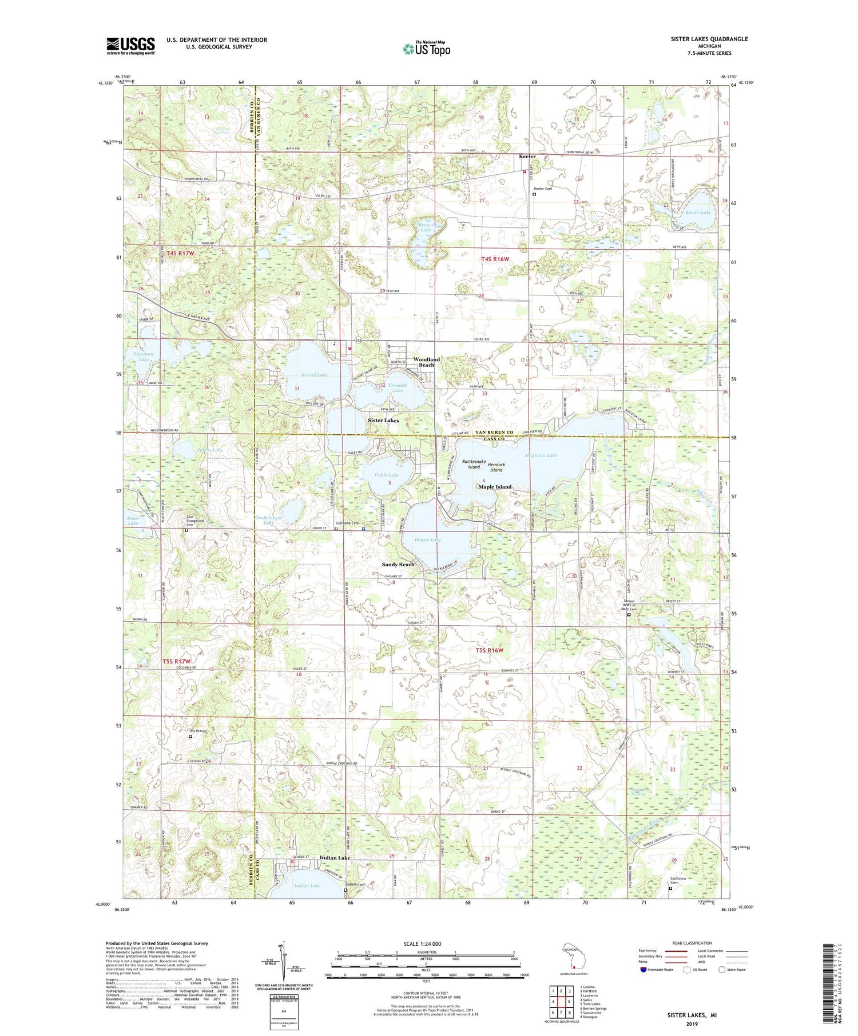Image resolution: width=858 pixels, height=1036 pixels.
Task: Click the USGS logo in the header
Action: (x=130, y=46)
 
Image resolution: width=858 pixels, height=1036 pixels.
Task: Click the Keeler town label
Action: (x=527, y=157)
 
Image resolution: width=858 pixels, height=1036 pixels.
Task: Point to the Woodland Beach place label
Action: (x=426, y=362)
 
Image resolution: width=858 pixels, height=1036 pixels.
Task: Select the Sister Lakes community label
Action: (x=383, y=420)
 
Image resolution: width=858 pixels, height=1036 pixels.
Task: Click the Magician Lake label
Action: (x=540, y=455)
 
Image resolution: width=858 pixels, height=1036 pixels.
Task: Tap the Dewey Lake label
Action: (x=428, y=539)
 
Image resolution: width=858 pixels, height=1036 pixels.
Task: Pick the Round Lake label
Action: (x=315, y=375)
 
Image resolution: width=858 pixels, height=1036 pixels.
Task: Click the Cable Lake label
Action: (x=387, y=475)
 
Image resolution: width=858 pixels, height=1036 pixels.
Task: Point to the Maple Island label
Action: (x=495, y=487)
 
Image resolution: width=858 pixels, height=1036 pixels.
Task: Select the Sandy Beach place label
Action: (x=398, y=565)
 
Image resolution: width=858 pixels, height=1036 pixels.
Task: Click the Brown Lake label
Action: (x=426, y=227)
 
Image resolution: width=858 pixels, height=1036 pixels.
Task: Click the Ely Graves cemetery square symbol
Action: (x=190, y=737)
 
